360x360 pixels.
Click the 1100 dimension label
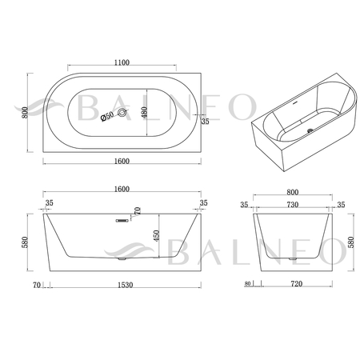[122, 62]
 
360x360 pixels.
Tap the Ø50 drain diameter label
[107, 116]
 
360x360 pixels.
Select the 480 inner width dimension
[144, 113]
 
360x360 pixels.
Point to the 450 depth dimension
[156, 236]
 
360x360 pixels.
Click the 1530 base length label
[126, 285]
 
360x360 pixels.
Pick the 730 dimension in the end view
[292, 205]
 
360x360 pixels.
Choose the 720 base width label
[297, 284]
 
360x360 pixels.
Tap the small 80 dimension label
[248, 283]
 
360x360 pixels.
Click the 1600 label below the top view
[122, 161]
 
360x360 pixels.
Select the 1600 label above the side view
[122, 189]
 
